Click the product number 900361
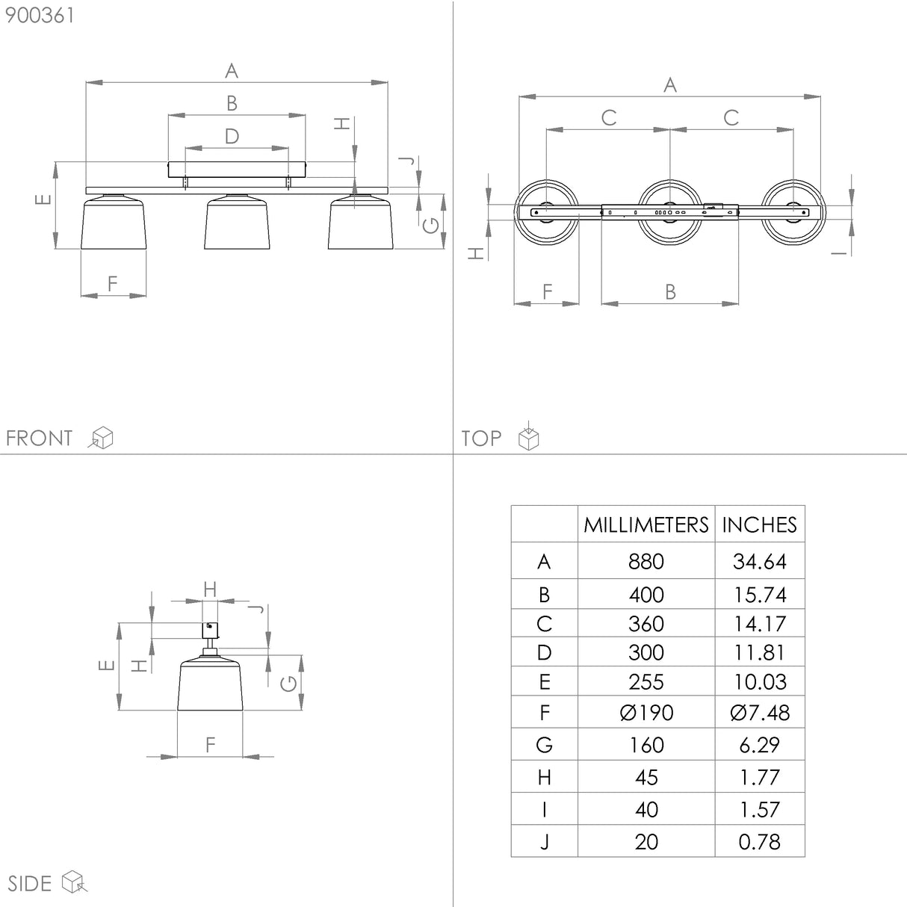tap(40, 16)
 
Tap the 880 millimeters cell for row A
tap(646, 561)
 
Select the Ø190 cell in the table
tap(646, 713)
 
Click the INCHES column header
tap(759, 525)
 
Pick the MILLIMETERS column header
tap(646, 525)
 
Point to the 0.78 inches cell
tap(759, 842)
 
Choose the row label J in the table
tap(544, 842)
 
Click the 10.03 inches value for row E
tap(759, 681)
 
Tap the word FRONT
tap(39, 438)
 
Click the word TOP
tap(481, 438)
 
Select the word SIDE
tap(30, 883)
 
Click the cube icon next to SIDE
tap(75, 882)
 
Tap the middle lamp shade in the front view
tap(238, 224)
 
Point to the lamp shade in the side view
tap(210, 684)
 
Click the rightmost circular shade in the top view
tap(791, 212)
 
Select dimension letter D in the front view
tap(232, 136)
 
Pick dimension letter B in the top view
tap(670, 291)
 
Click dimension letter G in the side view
tap(288, 683)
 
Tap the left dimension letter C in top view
tap(609, 117)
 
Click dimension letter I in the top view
tap(840, 253)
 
